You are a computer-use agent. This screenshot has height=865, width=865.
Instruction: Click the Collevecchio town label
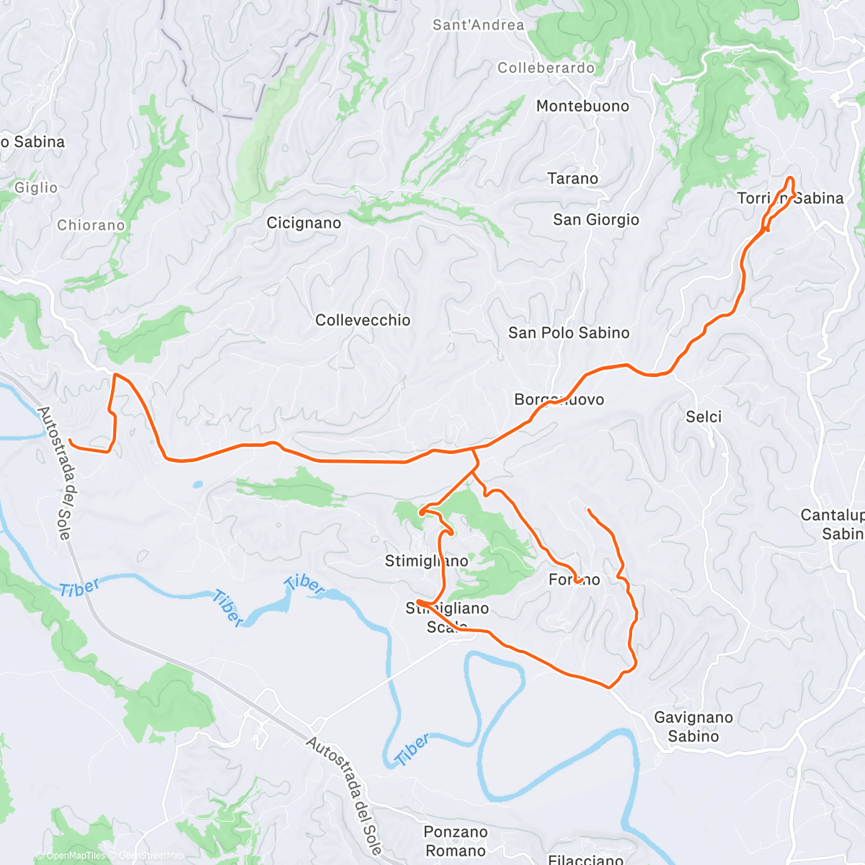coord(363,320)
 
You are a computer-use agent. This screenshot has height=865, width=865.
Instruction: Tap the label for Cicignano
coord(303,223)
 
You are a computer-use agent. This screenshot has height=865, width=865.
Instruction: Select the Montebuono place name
coord(582,106)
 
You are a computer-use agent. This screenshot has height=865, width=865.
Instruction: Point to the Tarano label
coord(572,178)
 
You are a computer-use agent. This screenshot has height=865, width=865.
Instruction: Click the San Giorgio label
coord(595,219)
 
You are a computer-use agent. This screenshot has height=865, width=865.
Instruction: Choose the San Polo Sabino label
coord(569,332)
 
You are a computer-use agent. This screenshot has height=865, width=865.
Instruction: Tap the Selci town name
coord(704,417)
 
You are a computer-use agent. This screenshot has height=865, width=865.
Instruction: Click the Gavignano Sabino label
coord(693,727)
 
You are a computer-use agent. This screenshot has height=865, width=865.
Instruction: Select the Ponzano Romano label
coord(456,841)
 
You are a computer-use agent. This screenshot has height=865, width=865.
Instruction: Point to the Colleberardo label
coord(546,68)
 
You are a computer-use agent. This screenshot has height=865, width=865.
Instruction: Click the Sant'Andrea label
coord(478,25)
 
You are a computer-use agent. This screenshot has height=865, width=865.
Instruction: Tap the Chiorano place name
coord(91,225)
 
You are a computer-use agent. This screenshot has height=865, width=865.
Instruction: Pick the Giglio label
coord(36,187)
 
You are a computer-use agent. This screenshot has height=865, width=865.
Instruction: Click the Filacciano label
coord(585,859)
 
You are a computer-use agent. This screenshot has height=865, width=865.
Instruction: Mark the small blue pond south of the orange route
coord(198,484)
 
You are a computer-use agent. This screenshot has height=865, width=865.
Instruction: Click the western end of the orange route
coord(69,440)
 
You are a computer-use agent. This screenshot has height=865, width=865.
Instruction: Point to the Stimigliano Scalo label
coord(448,618)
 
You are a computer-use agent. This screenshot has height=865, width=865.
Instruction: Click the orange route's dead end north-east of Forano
coord(589,510)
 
